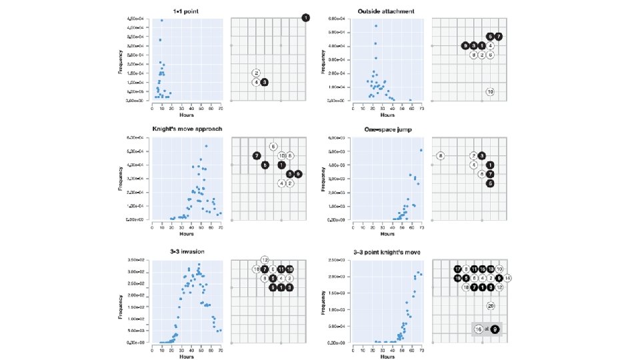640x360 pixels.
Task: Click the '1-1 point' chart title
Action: (186, 11)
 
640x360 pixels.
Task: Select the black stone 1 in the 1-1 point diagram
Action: (305, 17)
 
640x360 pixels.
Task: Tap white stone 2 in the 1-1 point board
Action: (256, 73)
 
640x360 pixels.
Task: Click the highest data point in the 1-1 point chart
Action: (161, 21)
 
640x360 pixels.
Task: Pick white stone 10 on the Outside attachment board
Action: (490, 91)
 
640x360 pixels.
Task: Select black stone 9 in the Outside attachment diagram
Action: (465, 45)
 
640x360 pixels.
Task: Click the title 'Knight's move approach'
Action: (186, 129)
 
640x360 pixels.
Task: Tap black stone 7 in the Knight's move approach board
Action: (257, 155)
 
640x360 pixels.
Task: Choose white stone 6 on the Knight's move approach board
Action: (273, 146)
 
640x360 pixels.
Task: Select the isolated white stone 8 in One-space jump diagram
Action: (441, 156)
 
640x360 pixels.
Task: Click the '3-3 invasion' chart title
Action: (186, 251)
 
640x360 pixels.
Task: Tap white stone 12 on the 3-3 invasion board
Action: (265, 259)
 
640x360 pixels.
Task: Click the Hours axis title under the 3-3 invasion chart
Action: (186, 357)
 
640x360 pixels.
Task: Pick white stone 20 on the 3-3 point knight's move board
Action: (491, 306)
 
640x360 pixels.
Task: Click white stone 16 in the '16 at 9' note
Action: (478, 329)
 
